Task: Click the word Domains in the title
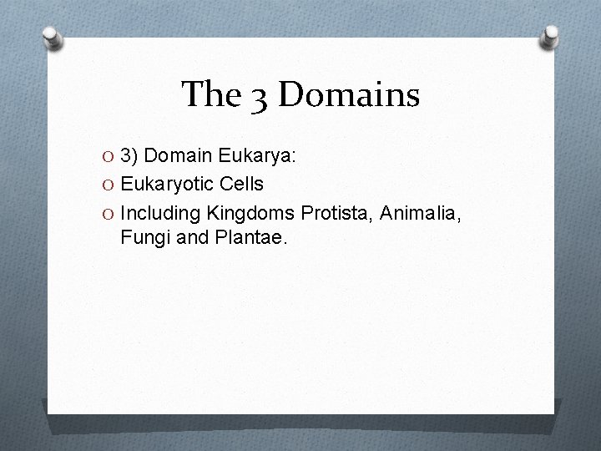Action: coord(348,94)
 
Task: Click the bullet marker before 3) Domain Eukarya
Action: coord(110,156)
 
